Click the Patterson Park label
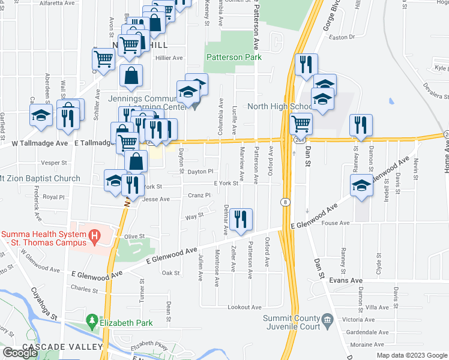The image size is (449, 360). [234, 57]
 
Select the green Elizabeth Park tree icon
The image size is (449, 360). [91, 322]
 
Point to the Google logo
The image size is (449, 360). [19, 353]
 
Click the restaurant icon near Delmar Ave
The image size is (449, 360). [241, 220]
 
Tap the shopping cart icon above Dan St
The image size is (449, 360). [301, 124]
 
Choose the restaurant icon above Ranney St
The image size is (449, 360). [361, 124]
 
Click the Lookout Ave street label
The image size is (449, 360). [244, 307]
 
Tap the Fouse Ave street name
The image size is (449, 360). [336, 223]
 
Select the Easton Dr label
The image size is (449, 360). [343, 37]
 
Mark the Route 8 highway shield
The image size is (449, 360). [285, 202]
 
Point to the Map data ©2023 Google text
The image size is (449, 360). [412, 355]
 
